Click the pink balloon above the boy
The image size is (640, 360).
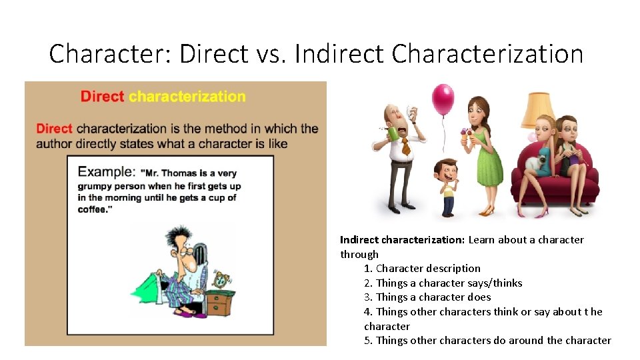pyautogui.click(x=443, y=99)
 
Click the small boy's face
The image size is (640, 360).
pyautogui.click(x=447, y=171)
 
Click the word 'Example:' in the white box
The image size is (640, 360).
pyautogui.click(x=105, y=171)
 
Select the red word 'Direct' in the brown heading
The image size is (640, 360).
pyautogui.click(x=102, y=96)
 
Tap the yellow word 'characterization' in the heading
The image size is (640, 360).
pyautogui.click(x=187, y=96)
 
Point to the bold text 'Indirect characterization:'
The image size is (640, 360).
pyautogui.click(x=402, y=240)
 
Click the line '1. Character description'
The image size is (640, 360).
pyautogui.click(x=422, y=269)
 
